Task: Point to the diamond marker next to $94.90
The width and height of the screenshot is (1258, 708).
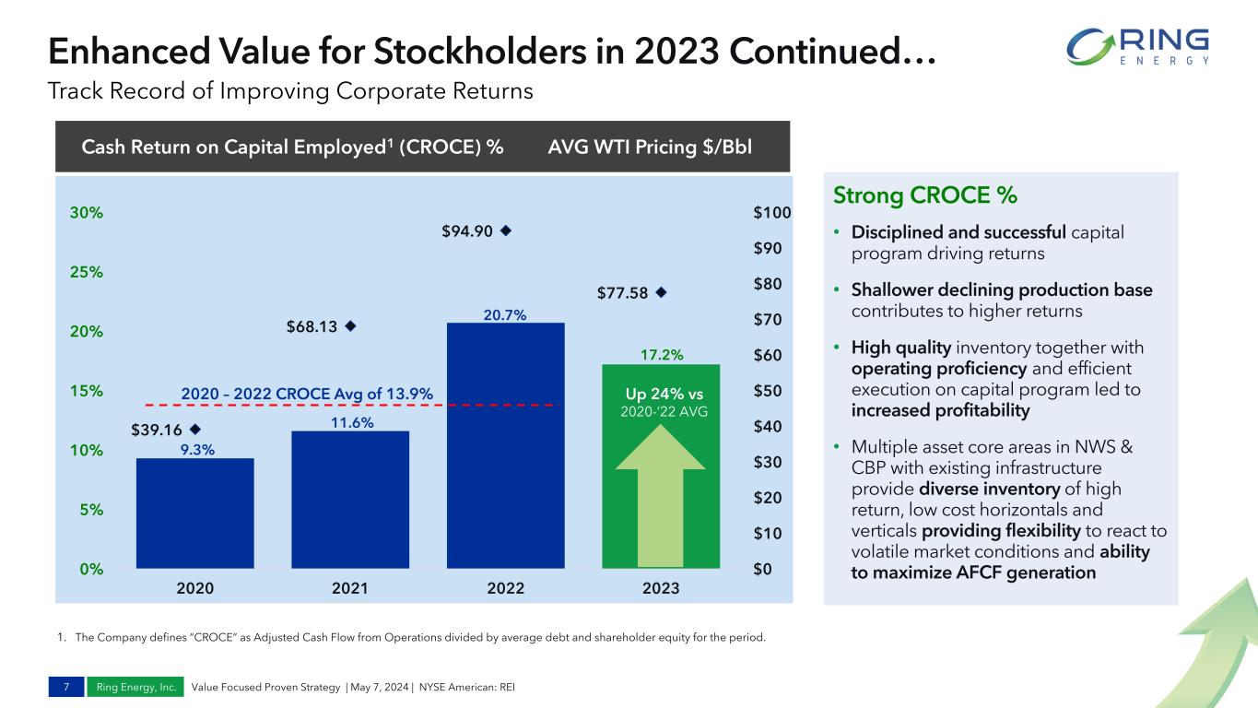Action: tap(505, 231)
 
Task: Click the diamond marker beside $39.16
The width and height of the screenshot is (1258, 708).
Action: tap(195, 430)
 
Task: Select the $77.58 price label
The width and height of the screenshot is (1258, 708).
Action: tap(623, 293)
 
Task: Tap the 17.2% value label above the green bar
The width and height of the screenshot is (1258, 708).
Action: tap(661, 354)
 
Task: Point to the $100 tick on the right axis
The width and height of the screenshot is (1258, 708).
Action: tap(770, 213)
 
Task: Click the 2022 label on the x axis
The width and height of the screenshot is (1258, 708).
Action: tap(505, 588)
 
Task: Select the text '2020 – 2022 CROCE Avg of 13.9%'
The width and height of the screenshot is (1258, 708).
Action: tap(307, 394)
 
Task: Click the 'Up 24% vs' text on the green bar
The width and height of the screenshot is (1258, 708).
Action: tap(661, 394)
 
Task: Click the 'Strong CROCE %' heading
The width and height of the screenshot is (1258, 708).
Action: tap(924, 196)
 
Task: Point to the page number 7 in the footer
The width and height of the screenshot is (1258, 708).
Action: tap(66, 687)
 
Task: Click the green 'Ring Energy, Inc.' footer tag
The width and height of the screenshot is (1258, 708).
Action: tap(136, 687)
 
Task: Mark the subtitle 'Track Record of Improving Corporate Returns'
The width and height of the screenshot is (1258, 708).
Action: tap(290, 91)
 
